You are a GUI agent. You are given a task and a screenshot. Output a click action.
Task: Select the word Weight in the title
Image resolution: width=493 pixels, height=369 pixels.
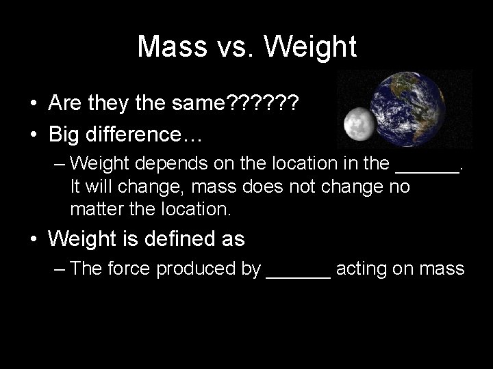point(312,46)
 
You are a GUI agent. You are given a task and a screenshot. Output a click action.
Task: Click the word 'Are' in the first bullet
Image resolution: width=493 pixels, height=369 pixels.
point(66,105)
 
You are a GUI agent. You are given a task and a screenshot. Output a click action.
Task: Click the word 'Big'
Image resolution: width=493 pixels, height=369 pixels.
point(64,133)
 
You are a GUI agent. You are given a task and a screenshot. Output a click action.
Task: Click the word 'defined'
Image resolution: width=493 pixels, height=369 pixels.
point(173,238)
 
